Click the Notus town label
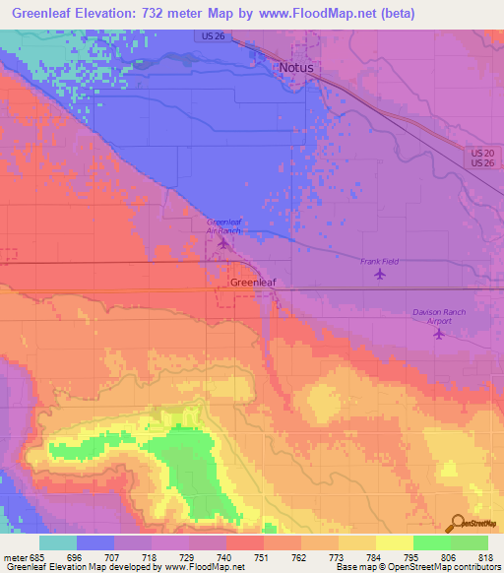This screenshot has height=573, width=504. (296, 68)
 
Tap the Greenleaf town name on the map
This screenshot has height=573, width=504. (252, 282)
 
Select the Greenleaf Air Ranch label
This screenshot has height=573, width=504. (223, 225)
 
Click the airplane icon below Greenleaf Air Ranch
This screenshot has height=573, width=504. (223, 243)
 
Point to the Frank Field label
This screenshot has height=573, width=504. (379, 261)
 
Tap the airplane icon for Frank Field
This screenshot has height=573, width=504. (381, 274)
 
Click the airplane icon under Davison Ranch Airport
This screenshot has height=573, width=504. (439, 334)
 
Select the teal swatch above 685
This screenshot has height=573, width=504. (58, 542)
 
